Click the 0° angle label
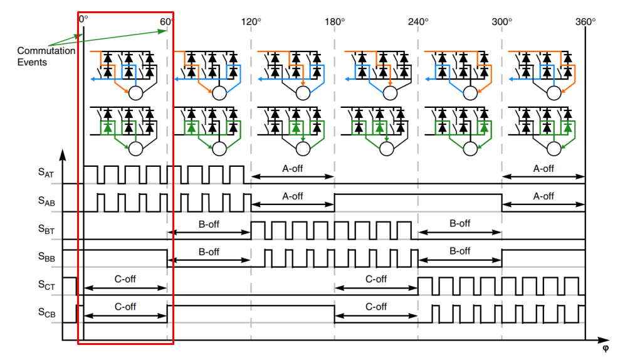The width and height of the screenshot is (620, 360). point(83,21)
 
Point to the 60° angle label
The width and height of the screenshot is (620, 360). point(167,21)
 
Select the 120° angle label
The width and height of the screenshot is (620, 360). point(251,21)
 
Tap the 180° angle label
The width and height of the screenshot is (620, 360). point(335,21)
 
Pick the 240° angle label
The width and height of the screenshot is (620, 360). point(418,21)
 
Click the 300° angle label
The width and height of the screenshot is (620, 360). point(502,21)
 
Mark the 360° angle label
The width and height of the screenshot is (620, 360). point(586,21)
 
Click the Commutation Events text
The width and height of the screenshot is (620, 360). point(46,56)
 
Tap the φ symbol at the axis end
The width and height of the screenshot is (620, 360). point(605,348)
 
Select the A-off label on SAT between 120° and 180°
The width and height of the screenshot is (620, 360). point(293,169)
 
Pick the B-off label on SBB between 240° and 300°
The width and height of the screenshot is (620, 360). point(460,251)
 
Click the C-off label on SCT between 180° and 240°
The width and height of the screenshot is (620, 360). point(376,279)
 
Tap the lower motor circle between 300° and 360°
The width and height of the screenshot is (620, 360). point(554,149)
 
